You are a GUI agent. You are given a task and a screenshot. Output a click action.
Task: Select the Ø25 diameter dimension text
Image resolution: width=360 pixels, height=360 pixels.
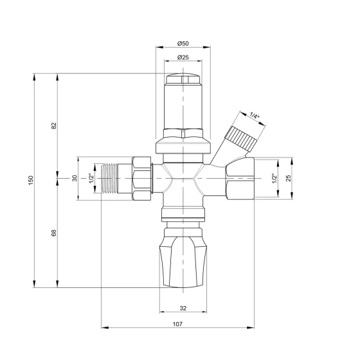pyautogui.click(x=183, y=58)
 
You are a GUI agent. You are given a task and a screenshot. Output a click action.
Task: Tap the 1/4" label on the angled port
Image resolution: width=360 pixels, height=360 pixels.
pyautogui.click(x=255, y=116)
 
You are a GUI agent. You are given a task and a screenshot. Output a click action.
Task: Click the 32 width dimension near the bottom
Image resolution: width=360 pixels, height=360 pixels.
pyautogui.click(x=183, y=309)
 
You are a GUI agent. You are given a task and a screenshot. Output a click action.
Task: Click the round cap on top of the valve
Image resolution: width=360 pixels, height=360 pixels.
pyautogui.click(x=183, y=82)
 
